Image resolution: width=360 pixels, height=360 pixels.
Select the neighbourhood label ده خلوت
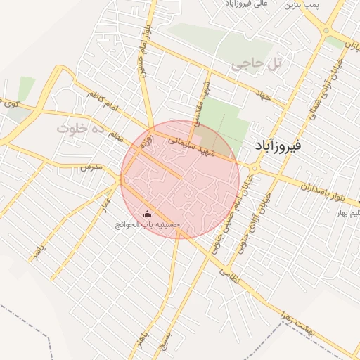(x=80, y=129)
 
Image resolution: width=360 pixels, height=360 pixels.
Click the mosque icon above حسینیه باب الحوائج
(x=147, y=214)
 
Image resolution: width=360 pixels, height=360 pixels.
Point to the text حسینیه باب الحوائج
(x=148, y=225)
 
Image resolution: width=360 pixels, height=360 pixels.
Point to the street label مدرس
(x=91, y=168)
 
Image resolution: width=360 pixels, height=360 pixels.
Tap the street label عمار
(x=105, y=200)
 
